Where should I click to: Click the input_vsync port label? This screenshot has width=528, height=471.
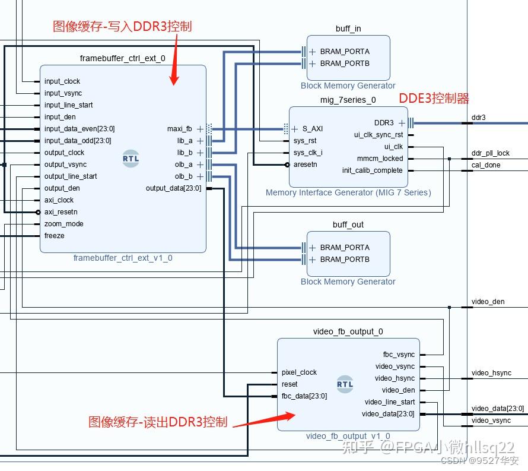click(x=63, y=93)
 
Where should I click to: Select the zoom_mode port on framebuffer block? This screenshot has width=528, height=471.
click(x=63, y=224)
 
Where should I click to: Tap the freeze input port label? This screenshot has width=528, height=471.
click(x=54, y=236)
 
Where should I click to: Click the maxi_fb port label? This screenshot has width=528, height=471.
click(x=179, y=129)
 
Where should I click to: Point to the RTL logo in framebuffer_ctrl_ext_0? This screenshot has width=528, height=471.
click(x=131, y=159)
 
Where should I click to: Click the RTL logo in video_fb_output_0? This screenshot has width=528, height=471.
click(x=345, y=384)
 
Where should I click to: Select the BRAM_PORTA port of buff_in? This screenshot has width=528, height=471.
click(x=344, y=52)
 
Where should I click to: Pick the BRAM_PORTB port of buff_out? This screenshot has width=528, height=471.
click(x=344, y=260)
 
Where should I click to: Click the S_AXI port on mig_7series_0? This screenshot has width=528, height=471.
click(x=312, y=129)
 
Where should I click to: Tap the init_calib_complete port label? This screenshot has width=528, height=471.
click(x=372, y=170)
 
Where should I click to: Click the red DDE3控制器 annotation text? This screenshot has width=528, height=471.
click(x=434, y=99)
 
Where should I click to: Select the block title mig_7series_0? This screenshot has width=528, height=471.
click(x=348, y=100)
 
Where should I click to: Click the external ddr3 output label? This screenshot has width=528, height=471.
click(x=478, y=118)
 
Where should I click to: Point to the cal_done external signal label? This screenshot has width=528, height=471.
click(x=486, y=165)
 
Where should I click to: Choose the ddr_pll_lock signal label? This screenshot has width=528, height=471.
click(x=490, y=153)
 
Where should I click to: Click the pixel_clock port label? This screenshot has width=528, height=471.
click(x=299, y=372)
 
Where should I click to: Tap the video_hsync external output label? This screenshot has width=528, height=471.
click(x=491, y=373)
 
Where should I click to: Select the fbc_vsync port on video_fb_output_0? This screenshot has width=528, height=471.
click(x=399, y=355)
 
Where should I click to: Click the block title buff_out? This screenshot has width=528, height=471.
click(x=348, y=225)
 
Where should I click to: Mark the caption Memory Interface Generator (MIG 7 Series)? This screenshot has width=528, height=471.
click(x=348, y=192)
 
